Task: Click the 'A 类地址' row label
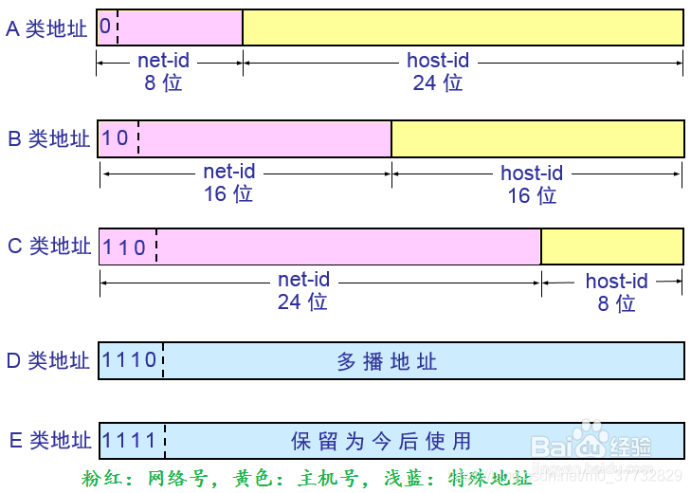tap(46, 28)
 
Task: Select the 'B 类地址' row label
tap(48, 138)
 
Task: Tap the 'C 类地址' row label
tap(48, 246)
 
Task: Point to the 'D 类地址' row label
tap(47, 360)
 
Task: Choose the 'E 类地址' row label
tap(48, 441)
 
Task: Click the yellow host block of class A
tap(463, 27)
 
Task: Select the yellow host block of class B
tap(536, 138)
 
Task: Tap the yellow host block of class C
tap(611, 246)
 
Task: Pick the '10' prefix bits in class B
tap(115, 138)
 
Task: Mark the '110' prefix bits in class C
tap(124, 247)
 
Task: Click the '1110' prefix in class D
tap(129, 360)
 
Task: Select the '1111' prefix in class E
tap(130, 441)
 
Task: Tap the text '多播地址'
tap(387, 361)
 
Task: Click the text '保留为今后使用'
tap(380, 442)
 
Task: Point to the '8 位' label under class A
tap(163, 82)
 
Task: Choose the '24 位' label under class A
tap(438, 82)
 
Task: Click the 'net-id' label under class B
tap(229, 173)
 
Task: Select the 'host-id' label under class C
tap(616, 281)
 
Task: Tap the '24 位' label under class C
tap(302, 301)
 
